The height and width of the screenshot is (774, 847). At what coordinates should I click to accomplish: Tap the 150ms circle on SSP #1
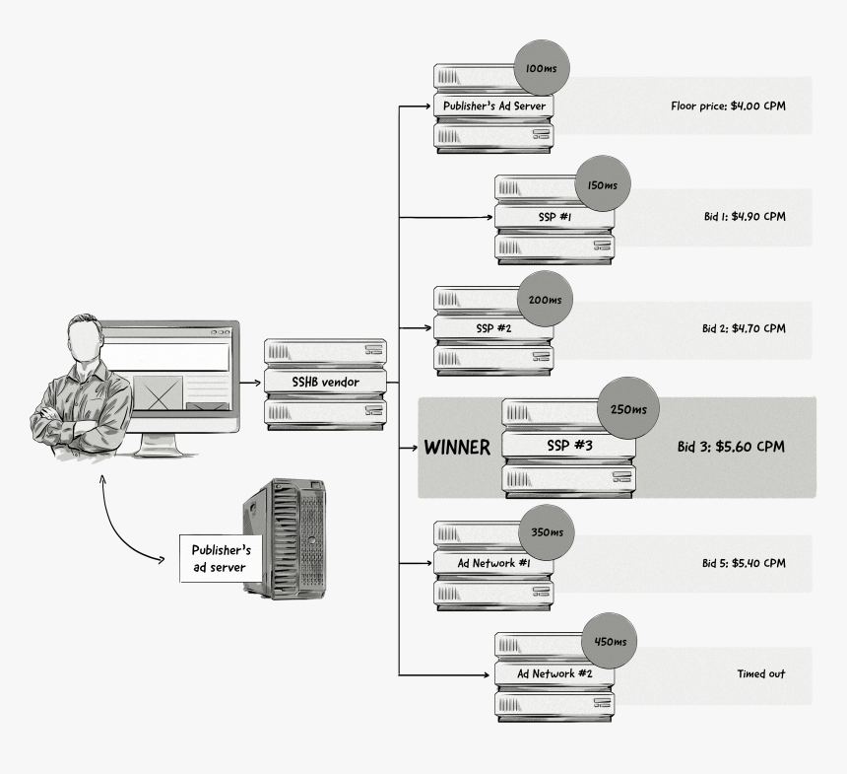[x=602, y=184]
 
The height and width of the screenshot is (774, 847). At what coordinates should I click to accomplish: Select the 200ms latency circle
[x=544, y=299]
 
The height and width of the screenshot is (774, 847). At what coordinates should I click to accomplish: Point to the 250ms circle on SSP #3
[x=628, y=408]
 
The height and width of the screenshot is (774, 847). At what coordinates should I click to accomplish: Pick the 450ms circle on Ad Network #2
[x=611, y=641]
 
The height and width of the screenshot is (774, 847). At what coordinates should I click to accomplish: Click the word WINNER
[x=457, y=448]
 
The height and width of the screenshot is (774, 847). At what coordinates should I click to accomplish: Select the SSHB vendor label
[x=325, y=382]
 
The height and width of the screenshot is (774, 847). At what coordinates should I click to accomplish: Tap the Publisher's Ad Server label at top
[x=493, y=105]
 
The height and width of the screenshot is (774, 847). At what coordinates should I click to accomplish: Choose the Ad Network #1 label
[x=493, y=563]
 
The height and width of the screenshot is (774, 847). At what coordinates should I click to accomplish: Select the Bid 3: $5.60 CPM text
[x=732, y=446]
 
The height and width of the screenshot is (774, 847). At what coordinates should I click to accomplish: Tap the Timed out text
[x=761, y=674]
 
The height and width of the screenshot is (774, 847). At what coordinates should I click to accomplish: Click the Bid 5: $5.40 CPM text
[x=744, y=563]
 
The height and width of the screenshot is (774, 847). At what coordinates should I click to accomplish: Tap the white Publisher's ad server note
[x=219, y=558]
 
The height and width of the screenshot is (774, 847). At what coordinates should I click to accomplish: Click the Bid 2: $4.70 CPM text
[x=744, y=327]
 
